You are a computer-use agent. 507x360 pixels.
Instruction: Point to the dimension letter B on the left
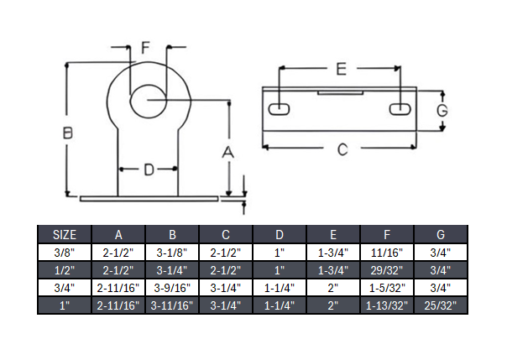click(69, 133)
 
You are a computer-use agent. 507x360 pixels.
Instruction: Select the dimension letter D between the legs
click(148, 170)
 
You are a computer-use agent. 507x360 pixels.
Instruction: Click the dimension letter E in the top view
click(340, 70)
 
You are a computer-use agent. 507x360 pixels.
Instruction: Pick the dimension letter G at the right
click(450, 109)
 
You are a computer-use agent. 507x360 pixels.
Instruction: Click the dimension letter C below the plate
click(342, 150)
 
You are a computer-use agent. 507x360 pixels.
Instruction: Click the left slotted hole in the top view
click(280, 109)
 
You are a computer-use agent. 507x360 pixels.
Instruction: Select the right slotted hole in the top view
click(400, 109)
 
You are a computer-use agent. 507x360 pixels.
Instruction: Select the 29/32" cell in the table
click(387, 270)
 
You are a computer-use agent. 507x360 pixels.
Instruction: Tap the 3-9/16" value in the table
click(172, 288)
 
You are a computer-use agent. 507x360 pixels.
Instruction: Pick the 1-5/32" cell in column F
click(387, 288)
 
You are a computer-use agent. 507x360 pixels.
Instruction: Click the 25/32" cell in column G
click(441, 305)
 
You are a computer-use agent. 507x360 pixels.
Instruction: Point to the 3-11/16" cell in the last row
click(172, 305)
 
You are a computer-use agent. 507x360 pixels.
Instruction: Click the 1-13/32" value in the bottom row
click(387, 305)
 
